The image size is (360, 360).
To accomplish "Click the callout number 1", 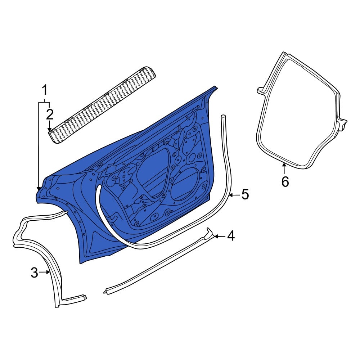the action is coord(45,90).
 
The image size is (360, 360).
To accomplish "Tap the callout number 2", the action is coord(50,114).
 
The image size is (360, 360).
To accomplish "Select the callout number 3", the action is coord(34,273).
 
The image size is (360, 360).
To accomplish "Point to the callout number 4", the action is coord(231,236).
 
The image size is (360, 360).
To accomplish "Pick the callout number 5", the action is coord(245,195).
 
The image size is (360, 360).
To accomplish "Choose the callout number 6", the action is coord(285,182).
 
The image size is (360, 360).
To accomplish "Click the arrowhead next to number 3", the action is coord(48,272).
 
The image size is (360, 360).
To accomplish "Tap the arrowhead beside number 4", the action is coord(216,236).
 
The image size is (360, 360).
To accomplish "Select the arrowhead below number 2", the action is coord(49,130).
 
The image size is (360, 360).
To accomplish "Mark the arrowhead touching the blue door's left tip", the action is coord(39,188).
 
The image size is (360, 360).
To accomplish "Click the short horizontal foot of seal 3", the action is coord(75,298).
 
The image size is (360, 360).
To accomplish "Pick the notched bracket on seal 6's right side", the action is coord(343,123).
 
